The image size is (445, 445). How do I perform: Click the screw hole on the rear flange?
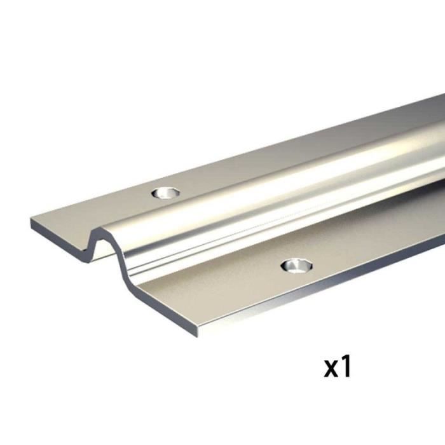click(166, 191)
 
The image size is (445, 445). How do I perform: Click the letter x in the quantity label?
click(332, 367)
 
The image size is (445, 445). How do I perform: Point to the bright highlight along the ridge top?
click(286, 178)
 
